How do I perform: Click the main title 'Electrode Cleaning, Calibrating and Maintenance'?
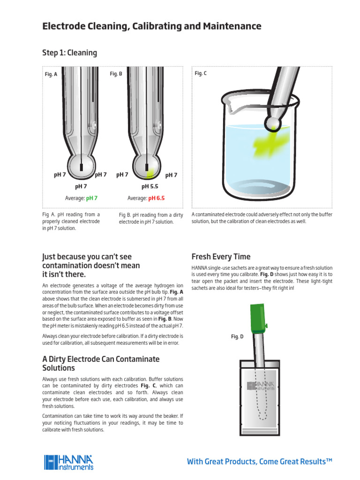click(x=152, y=26)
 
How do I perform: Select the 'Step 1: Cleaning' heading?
click(x=70, y=52)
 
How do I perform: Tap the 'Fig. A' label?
click(x=51, y=74)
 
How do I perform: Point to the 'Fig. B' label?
click(x=116, y=74)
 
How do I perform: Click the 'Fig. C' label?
click(x=201, y=74)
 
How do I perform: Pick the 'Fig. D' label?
click(x=238, y=336)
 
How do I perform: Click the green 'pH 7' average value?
click(x=92, y=198)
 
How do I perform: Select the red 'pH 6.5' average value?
click(x=157, y=198)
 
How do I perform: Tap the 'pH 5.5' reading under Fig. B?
click(x=150, y=186)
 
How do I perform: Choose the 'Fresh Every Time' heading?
click(x=221, y=257)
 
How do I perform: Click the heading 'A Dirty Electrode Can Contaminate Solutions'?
click(x=101, y=363)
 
